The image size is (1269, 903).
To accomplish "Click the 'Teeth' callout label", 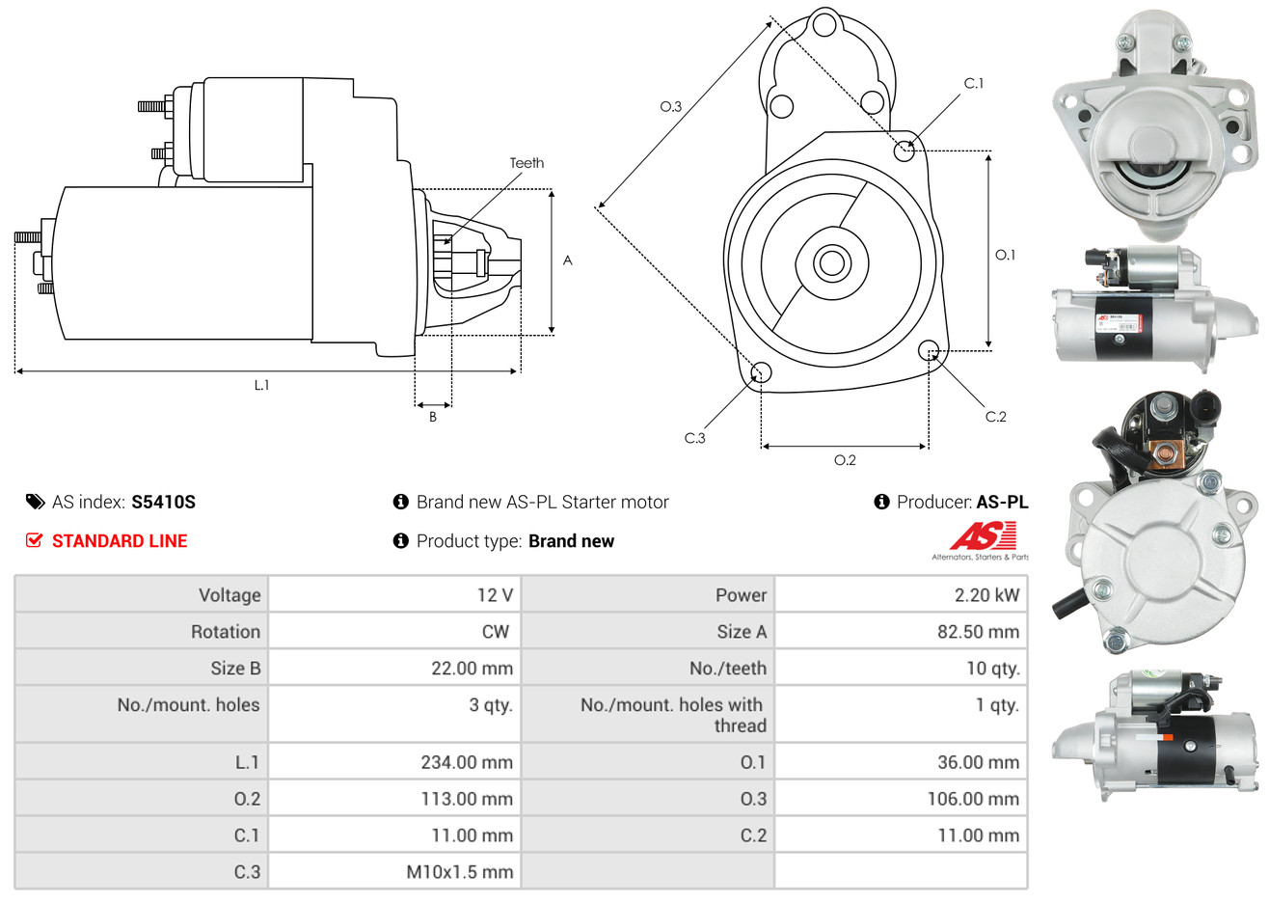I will [x=526, y=163].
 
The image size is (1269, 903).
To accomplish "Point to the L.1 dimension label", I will [x=261, y=385].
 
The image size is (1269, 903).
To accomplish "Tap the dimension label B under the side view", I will [x=433, y=417].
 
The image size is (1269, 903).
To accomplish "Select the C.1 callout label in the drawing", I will [x=974, y=84].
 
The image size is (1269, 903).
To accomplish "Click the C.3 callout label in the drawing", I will [x=694, y=438].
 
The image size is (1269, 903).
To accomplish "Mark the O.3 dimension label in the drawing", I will [x=670, y=106].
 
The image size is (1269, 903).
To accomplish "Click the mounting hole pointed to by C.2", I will [x=929, y=349].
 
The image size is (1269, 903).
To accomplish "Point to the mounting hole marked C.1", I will [x=904, y=150].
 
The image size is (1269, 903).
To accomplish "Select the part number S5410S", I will [x=163, y=502].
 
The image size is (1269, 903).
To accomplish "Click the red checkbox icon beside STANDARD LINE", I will [x=35, y=540].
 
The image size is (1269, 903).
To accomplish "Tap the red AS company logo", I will [x=983, y=536].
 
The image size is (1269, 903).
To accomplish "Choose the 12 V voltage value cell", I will [x=495, y=595].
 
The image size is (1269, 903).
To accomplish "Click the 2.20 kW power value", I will [x=986, y=595].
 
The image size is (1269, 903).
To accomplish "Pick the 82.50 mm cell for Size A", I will [x=978, y=632].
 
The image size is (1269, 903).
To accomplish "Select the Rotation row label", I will [x=226, y=632].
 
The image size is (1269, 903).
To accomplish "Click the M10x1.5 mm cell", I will [x=459, y=872].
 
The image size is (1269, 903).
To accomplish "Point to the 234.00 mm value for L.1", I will [x=467, y=762].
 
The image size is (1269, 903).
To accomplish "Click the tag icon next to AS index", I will [x=35, y=502].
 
